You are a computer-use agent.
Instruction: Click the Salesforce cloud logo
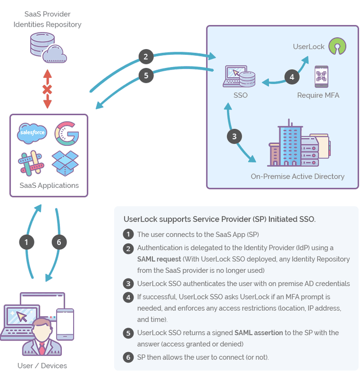[x=32, y=133]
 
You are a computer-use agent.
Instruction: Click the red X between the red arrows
[x=47, y=90]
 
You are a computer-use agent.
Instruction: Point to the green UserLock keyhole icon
[x=336, y=46]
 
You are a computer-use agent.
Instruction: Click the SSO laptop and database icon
[x=239, y=77]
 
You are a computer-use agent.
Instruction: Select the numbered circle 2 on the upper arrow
[x=146, y=56]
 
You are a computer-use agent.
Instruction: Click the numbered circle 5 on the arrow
[x=146, y=76]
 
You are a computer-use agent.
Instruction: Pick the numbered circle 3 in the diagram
[x=234, y=137]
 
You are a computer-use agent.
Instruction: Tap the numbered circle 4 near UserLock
[x=291, y=77]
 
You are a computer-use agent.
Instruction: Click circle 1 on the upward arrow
[x=27, y=242]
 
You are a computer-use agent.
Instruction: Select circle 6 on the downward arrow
[x=59, y=242]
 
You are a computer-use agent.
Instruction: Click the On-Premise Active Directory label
[x=297, y=177]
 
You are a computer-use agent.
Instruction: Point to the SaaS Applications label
[x=49, y=185]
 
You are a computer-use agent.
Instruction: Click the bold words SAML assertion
[x=259, y=333]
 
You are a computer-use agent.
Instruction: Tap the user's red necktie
[x=42, y=348]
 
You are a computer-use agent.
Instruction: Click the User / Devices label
[x=42, y=365]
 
